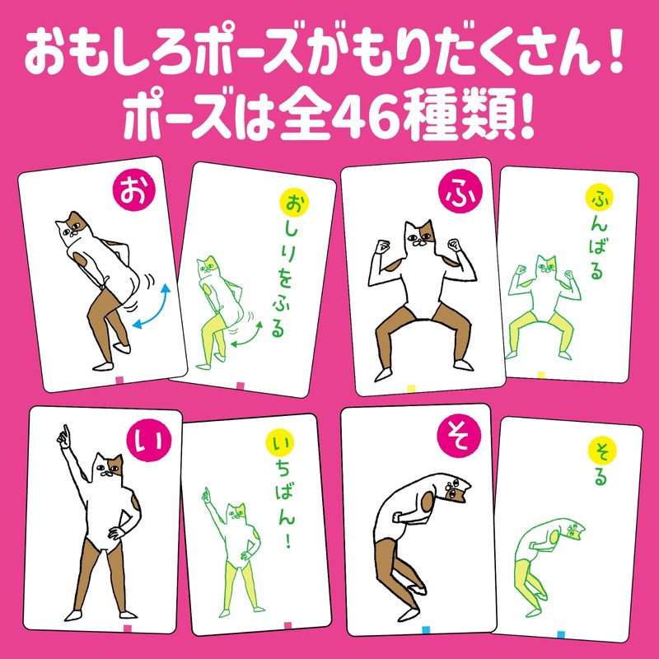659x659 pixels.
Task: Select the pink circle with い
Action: pos(148,440)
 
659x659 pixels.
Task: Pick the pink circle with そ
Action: pos(458,437)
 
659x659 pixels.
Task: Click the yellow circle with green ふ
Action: pos(600,198)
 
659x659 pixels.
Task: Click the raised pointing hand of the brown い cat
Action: pos(64,437)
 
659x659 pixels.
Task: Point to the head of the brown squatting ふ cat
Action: pos(419,234)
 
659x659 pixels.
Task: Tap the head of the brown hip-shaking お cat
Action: pos(72,227)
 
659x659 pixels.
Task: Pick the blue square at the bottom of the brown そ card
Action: pos(426,630)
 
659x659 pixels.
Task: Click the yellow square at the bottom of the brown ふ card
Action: pos(411,389)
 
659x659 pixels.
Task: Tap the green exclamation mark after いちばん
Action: pos(287,542)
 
